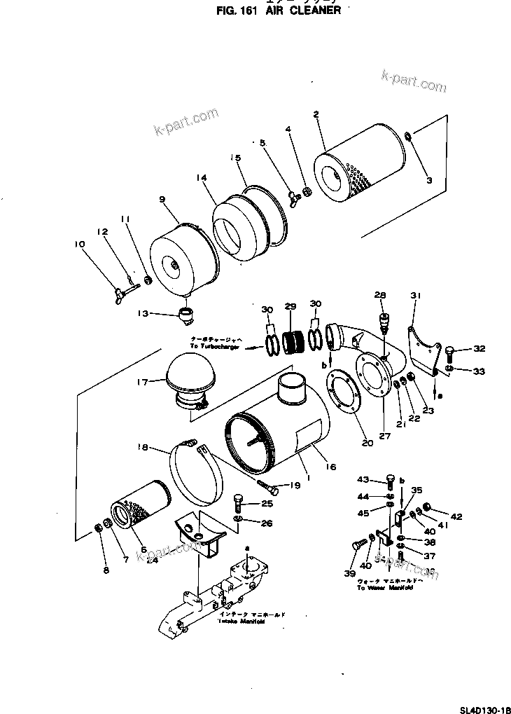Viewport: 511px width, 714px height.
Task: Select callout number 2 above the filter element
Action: coord(316,114)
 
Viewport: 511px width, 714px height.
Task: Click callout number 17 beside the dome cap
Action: coord(143,382)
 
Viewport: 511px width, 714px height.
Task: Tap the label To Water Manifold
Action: coord(384,588)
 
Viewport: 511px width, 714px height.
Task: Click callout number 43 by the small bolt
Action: coord(363,479)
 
